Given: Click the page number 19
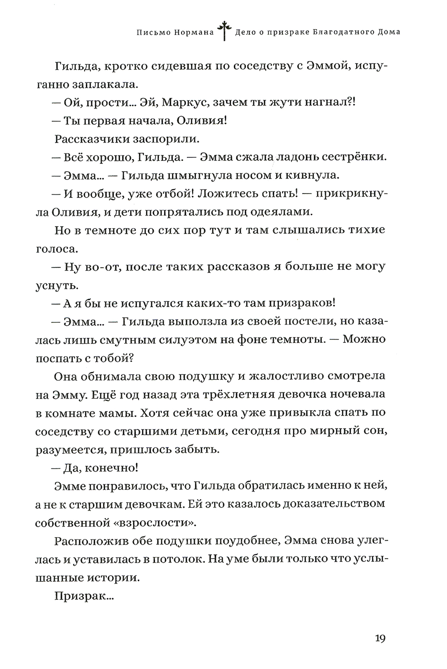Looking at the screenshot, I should coord(380,638).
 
